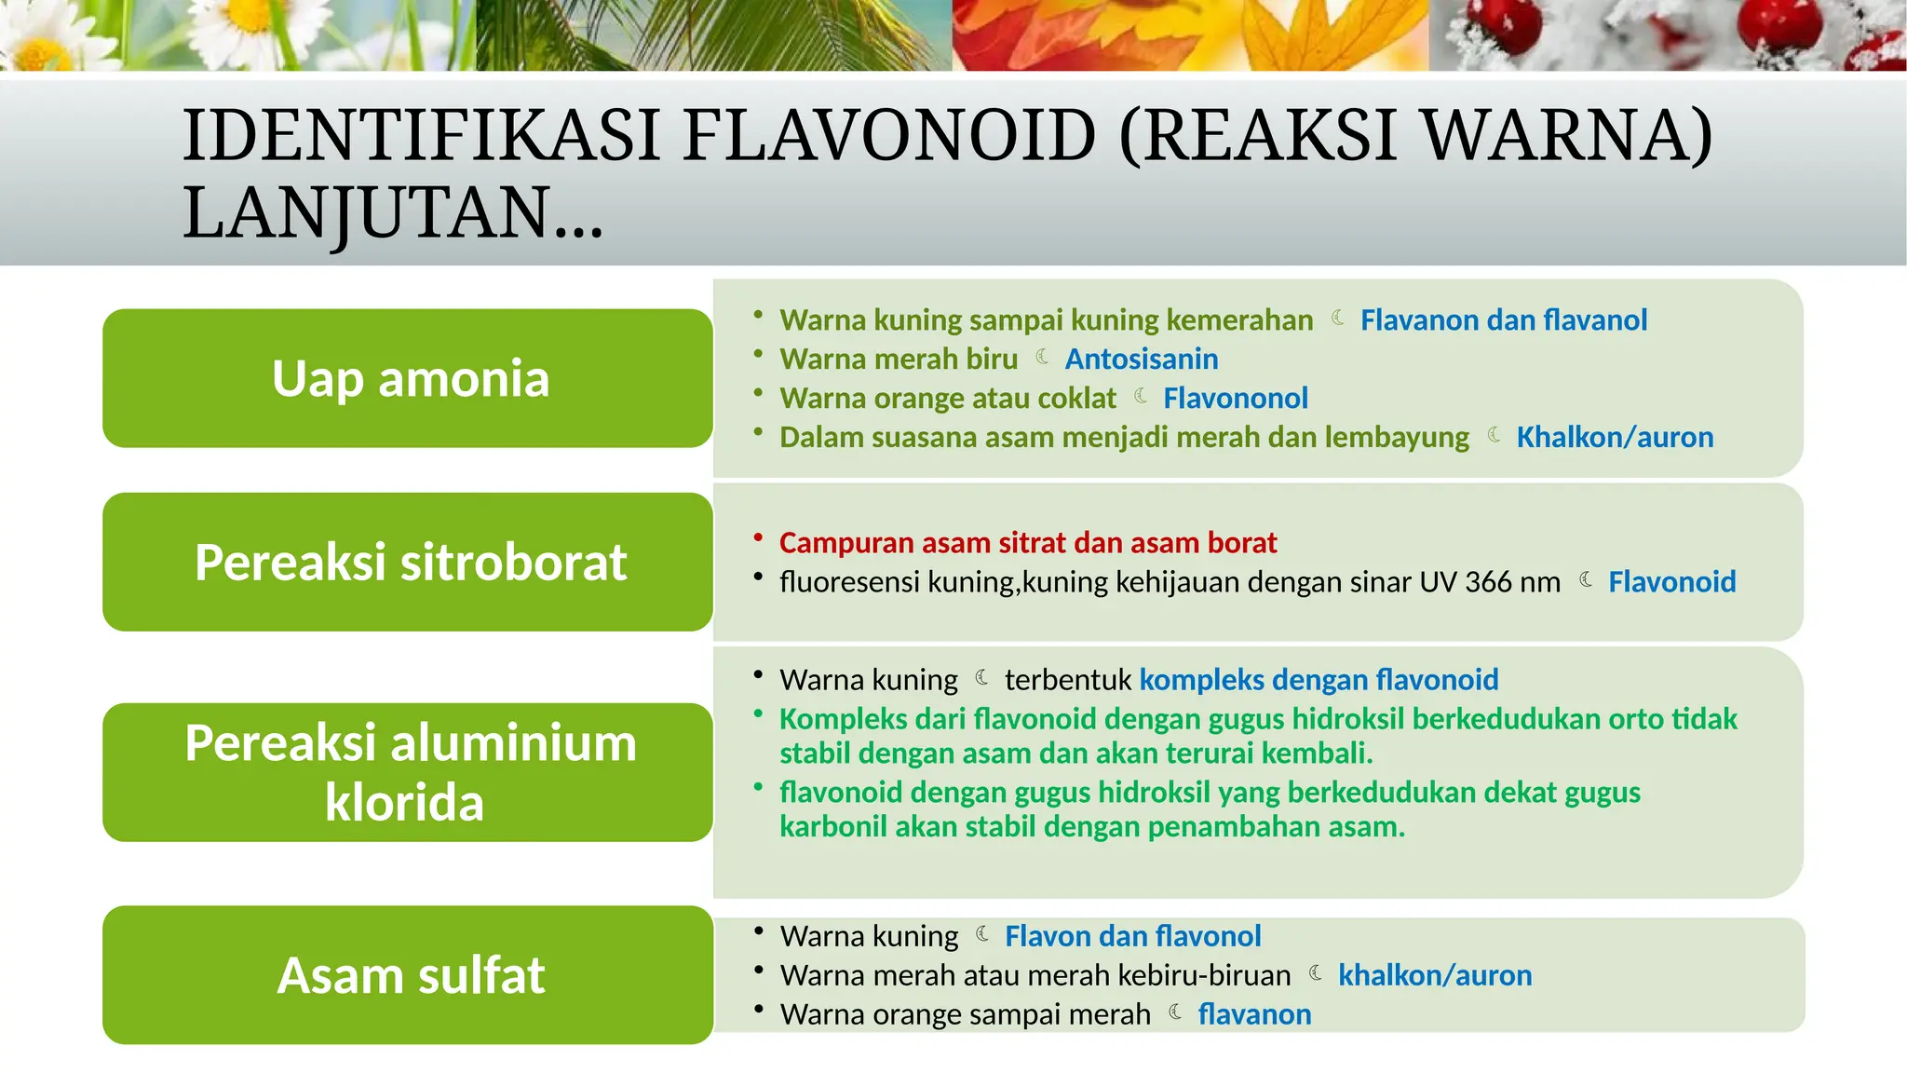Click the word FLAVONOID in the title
point(889,136)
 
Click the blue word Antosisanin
point(1141,359)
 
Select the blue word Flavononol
point(1235,398)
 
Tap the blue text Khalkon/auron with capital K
point(1615,437)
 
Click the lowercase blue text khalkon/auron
point(1435,975)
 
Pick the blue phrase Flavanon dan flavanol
point(1503,319)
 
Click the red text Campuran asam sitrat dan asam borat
point(1028,542)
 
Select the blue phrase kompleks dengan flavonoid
point(1319,680)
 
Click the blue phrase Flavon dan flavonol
point(1132,936)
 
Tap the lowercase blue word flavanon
point(1254,1014)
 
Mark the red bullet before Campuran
point(758,538)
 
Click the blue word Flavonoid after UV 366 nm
point(1671,582)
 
